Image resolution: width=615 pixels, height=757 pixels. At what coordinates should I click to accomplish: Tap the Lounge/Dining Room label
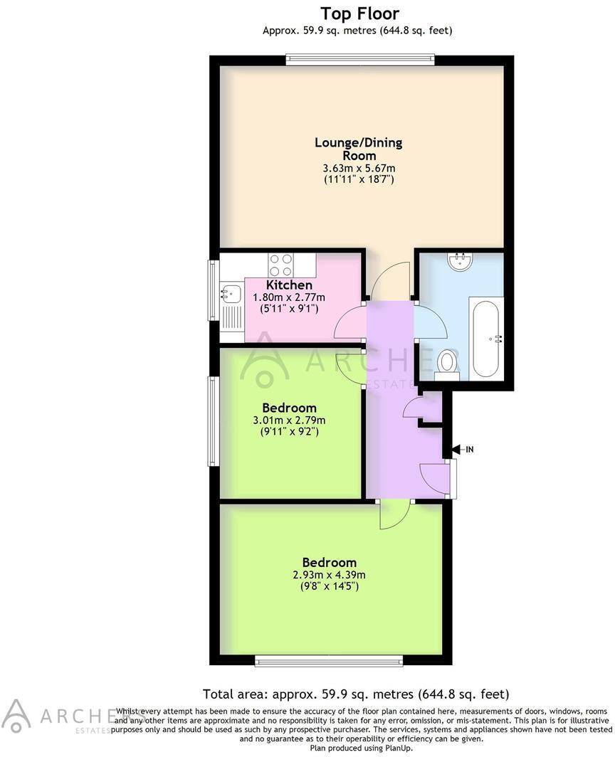[x=358, y=149]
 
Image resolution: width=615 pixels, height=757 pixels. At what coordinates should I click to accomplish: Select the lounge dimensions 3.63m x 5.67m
[x=358, y=168]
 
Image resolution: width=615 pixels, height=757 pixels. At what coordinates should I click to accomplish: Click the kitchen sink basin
[x=231, y=292]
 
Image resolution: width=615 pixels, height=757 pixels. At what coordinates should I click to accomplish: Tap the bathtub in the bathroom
[x=487, y=338]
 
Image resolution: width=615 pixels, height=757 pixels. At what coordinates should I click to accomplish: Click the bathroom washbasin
[x=460, y=263]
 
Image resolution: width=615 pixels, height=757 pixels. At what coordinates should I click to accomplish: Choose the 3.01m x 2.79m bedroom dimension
[x=289, y=420]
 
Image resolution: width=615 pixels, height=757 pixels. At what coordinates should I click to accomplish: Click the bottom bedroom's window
[x=330, y=662]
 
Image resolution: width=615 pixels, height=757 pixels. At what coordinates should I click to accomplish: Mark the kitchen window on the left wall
[x=213, y=290]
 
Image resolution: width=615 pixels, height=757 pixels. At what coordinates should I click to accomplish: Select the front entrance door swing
[x=434, y=477]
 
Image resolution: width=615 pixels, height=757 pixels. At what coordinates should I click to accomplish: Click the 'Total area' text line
[x=356, y=694]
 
